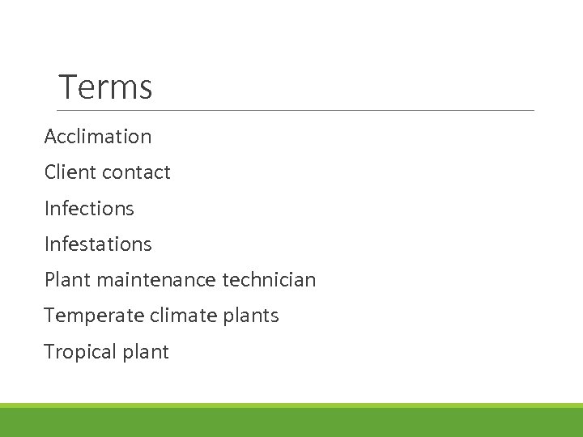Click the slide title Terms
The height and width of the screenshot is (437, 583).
point(105,87)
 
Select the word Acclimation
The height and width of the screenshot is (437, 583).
point(98,137)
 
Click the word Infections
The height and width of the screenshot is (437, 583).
point(89,209)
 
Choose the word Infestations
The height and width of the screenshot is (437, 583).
point(98,244)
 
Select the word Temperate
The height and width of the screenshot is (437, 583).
point(84,316)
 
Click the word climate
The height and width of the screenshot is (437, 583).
point(183,316)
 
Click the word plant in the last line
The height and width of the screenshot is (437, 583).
point(146,353)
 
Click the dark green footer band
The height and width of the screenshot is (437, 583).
point(291,422)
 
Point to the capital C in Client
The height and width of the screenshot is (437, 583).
point(50,172)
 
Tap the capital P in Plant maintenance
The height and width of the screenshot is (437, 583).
point(49,281)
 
